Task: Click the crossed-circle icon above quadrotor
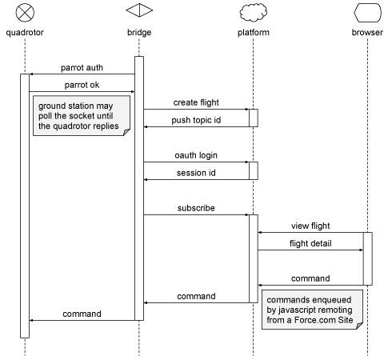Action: click(25, 13)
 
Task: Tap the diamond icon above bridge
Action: click(139, 10)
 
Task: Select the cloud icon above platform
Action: click(254, 12)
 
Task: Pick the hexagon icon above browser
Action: click(367, 12)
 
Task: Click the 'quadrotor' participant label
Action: click(25, 33)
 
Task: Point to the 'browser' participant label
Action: click(367, 32)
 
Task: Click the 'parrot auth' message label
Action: click(82, 68)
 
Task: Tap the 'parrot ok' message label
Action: click(82, 85)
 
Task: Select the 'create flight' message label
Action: click(196, 102)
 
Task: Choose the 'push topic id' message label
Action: click(196, 120)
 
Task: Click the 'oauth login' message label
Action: click(196, 155)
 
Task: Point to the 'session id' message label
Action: click(196, 173)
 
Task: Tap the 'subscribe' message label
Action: click(196, 208)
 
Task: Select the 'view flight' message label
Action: click(310, 226)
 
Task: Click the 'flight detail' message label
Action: click(310, 243)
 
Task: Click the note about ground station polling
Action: click(82, 116)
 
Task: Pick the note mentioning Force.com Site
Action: click(312, 310)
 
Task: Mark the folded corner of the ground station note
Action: click(126, 132)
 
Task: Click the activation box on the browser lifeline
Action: click(368, 258)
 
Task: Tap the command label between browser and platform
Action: click(310, 278)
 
